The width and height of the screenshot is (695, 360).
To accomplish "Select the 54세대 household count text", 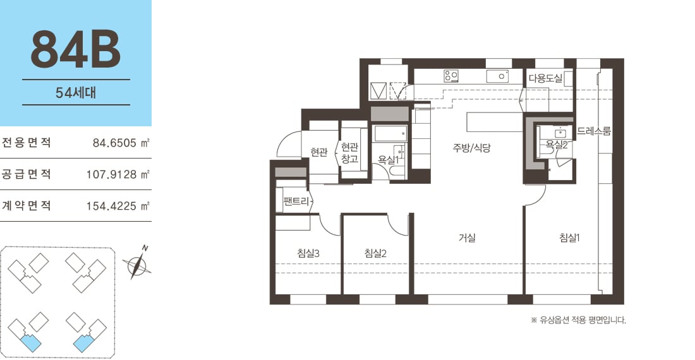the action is point(76,93).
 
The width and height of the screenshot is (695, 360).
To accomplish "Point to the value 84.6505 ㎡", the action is point(121,143).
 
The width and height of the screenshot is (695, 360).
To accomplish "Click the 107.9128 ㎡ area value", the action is point(118,174).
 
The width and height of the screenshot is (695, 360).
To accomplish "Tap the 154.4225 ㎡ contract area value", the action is point(118,206).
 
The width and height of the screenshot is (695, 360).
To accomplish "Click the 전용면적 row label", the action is point(26,143).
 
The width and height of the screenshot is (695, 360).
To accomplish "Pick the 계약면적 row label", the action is point(26,205).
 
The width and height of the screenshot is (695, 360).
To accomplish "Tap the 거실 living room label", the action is point(467,237).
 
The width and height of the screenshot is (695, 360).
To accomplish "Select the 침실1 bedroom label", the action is point(569,237).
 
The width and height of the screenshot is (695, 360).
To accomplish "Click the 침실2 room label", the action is point(375,253).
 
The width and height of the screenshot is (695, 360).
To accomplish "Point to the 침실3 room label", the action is point(308,253).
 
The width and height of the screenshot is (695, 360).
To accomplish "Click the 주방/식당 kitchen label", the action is point(471,147).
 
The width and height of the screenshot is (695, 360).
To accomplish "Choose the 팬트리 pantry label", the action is point(296,201).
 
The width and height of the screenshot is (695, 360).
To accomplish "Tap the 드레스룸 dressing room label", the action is point(594,131).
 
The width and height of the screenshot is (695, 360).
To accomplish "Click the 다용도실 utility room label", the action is point(545,79).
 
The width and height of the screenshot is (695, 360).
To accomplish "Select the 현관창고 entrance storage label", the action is point(350,153).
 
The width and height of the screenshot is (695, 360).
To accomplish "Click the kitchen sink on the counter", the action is point(498,76).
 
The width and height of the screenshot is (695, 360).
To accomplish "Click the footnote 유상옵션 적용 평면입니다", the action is point(578,320).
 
